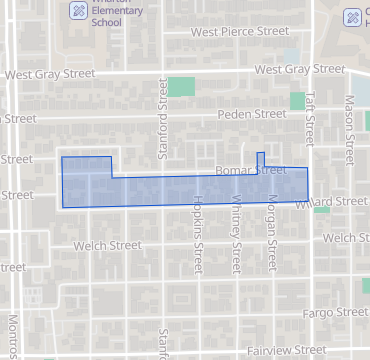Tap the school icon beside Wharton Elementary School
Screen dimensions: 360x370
click(x=77, y=11)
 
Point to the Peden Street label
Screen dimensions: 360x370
click(x=251, y=115)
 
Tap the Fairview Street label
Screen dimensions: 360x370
click(x=287, y=350)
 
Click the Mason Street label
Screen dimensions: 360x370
click(x=350, y=130)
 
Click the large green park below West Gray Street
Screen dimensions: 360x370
click(x=181, y=87)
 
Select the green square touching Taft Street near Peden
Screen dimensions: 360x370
click(x=297, y=101)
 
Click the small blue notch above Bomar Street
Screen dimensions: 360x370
click(x=261, y=159)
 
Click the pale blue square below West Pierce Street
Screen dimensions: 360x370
click(x=291, y=55)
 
